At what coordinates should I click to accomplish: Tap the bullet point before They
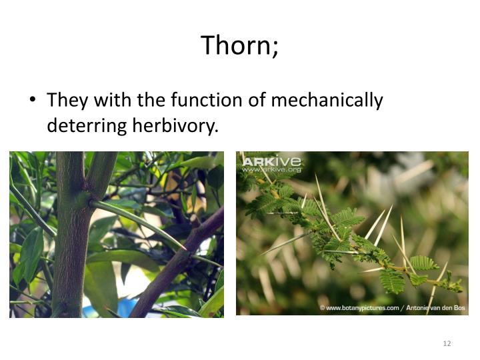click(x=31, y=101)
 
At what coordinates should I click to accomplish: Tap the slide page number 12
click(x=447, y=343)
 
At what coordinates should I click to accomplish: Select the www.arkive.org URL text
click(x=272, y=170)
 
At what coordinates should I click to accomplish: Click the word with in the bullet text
click(x=113, y=101)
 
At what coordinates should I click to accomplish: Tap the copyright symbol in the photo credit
click(x=322, y=308)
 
